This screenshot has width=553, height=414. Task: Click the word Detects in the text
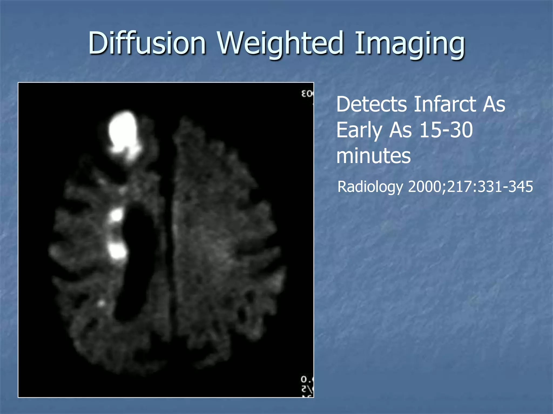(372, 104)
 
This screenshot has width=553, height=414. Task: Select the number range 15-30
(446, 130)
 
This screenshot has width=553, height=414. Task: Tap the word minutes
(373, 156)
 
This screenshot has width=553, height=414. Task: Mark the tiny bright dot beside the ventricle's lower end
(101, 303)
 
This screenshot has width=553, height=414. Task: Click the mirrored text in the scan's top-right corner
(307, 94)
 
